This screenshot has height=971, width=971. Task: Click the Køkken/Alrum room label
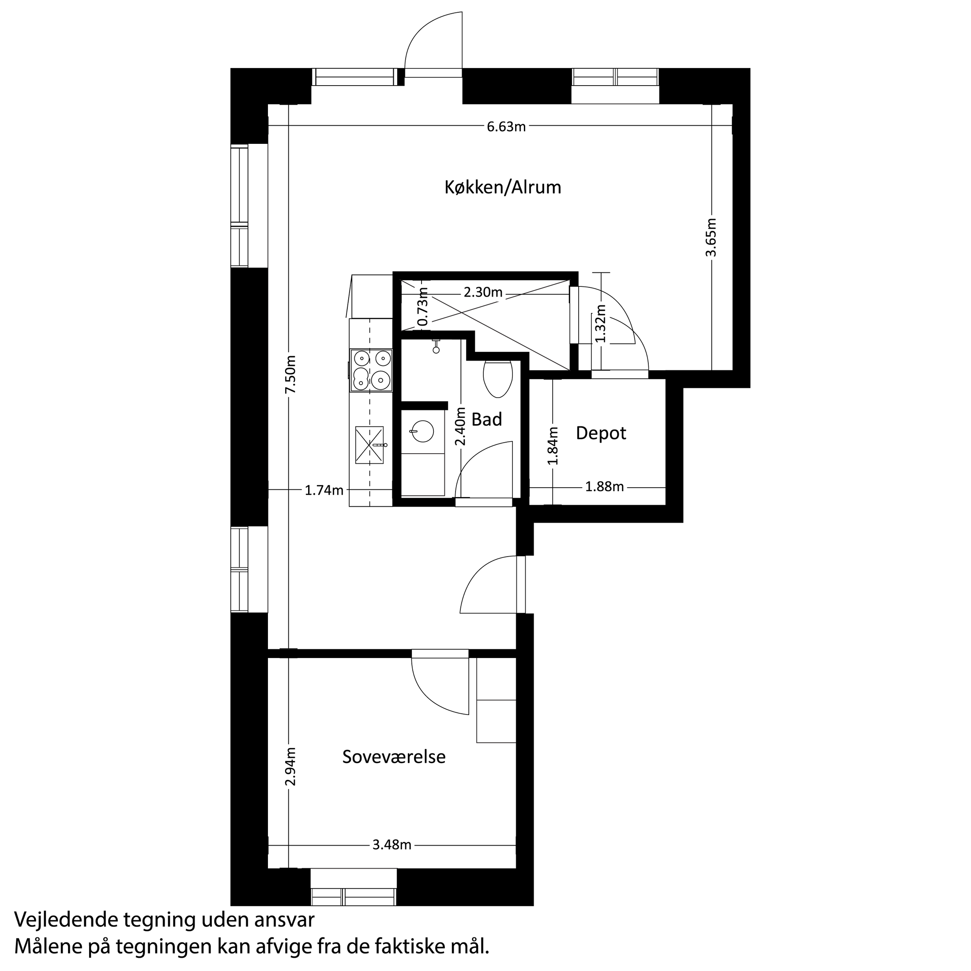point(502,188)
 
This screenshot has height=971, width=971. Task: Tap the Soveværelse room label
point(394,757)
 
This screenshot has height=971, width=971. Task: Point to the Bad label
point(486,419)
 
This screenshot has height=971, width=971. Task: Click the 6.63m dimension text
point(506,127)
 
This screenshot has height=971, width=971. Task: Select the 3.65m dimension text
point(711,237)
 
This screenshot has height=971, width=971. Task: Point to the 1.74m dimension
point(324,490)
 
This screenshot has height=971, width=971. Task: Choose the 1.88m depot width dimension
point(604,486)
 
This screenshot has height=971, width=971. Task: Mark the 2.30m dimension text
point(482,293)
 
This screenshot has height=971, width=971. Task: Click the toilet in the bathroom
point(497,376)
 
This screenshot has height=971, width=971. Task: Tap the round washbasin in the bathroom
point(422,431)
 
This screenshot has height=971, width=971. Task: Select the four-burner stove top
point(371,370)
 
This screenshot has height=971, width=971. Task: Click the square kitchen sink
point(369,445)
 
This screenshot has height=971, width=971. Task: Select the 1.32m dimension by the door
point(601,322)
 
